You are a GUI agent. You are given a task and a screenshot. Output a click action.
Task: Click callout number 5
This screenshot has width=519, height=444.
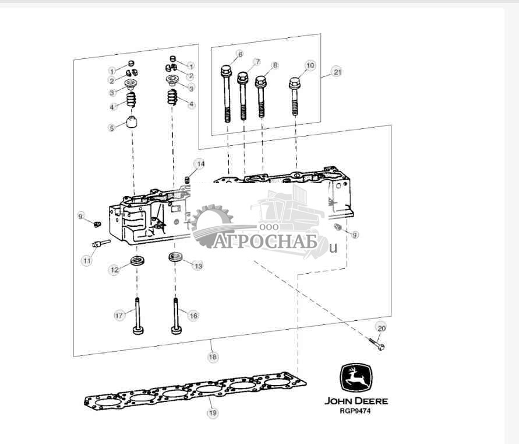pyautogui.click(x=112, y=128)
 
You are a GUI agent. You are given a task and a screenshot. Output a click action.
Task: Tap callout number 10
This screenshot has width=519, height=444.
pyautogui.click(x=310, y=65)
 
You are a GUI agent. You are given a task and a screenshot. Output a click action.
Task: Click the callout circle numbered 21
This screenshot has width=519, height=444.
pyautogui.click(x=337, y=72)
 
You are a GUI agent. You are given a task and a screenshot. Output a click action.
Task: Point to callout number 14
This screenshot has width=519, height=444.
pyautogui.click(x=200, y=164)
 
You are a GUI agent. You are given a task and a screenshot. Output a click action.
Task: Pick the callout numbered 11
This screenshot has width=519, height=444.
pyautogui.click(x=86, y=261)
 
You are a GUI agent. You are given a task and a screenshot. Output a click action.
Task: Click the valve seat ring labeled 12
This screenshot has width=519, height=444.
pyautogui.click(x=138, y=260)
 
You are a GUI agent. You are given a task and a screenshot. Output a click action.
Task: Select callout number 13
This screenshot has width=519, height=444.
pyautogui.click(x=198, y=265)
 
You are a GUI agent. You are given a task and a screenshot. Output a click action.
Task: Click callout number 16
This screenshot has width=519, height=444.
pyautogui.click(x=193, y=315)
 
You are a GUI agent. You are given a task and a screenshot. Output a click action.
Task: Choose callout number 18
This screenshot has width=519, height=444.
pyautogui.click(x=213, y=355)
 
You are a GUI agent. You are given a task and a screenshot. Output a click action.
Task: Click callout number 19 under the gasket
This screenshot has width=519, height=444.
pyautogui.click(x=213, y=412)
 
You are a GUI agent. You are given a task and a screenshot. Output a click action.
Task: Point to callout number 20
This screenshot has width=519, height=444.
pyautogui.click(x=380, y=328)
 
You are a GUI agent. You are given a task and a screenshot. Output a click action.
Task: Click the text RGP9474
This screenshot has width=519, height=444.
pyautogui.click(x=356, y=411)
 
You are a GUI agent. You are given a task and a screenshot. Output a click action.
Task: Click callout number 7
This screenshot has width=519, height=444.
pyautogui.click(x=257, y=62)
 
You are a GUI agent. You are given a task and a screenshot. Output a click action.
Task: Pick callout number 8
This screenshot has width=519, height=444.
pyautogui.click(x=275, y=65)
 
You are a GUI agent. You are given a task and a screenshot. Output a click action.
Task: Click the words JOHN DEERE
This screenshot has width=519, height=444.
pyautogui.click(x=356, y=401)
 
